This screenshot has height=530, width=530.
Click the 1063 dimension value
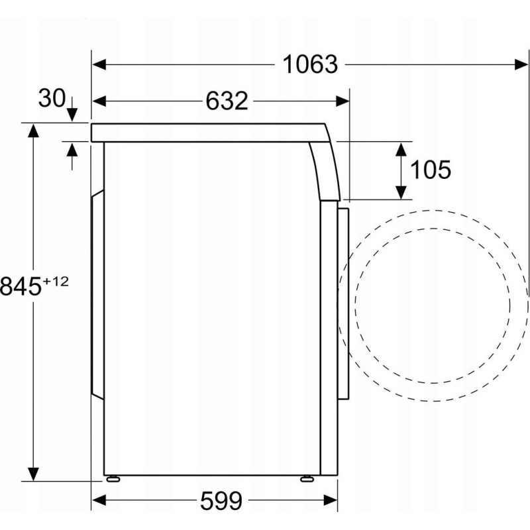click(x=310, y=64)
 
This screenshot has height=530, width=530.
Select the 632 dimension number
click(x=227, y=101)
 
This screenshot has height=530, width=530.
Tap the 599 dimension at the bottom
click(x=221, y=501)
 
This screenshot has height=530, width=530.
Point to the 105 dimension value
click(x=430, y=170)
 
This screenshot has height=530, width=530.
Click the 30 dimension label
click(x=52, y=98)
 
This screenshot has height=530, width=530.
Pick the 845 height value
click(x=21, y=286)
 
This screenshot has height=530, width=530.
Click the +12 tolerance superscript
click(x=56, y=281)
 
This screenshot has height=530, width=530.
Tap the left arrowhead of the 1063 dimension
click(x=99, y=64)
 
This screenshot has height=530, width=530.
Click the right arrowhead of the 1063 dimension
click(x=521, y=64)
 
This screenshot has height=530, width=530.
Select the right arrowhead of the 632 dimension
click(x=343, y=101)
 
